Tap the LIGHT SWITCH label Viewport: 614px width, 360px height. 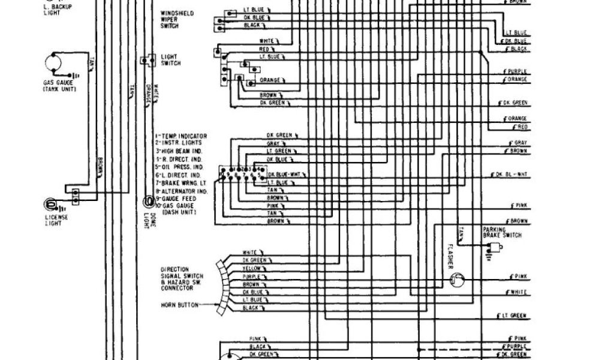click(x=170, y=60)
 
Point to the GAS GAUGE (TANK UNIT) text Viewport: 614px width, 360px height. click(x=59, y=86)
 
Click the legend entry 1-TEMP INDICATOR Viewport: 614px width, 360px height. click(x=181, y=136)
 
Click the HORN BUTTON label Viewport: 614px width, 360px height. click(x=179, y=305)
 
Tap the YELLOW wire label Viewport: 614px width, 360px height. click(x=252, y=268)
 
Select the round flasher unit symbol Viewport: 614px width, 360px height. click(x=458, y=279)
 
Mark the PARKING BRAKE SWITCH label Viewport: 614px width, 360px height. click(x=499, y=233)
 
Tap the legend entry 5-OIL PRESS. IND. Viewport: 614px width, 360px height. click(x=180, y=167)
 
